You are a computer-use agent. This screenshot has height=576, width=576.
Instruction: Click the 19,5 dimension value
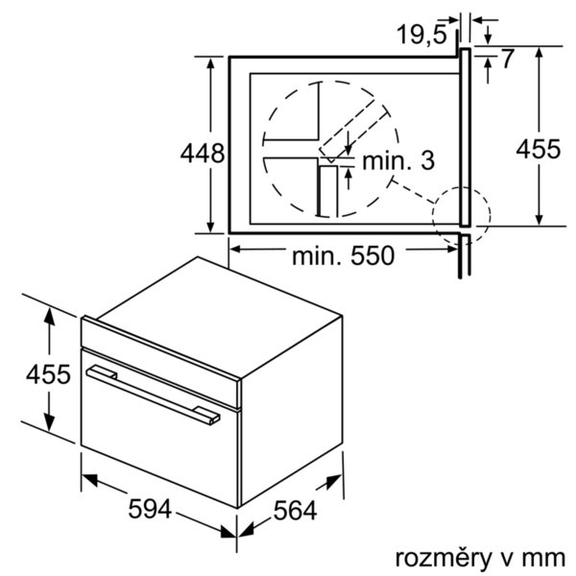tap(421, 35)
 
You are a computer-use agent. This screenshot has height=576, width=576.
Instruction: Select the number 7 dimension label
tap(507, 59)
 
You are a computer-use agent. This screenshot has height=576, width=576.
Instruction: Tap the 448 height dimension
tap(202, 154)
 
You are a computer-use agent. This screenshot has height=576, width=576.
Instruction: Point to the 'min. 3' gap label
tap(398, 160)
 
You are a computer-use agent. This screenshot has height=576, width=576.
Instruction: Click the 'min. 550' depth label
tap(343, 256)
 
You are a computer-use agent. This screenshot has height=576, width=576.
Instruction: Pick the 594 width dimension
tap(150, 509)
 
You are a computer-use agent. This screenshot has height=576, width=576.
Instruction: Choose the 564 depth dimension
tap(295, 511)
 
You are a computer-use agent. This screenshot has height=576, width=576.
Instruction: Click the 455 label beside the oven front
tap(48, 374)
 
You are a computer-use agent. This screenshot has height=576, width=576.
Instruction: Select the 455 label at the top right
tap(539, 149)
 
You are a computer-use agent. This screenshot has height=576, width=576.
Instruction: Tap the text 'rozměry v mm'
tap(480, 558)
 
